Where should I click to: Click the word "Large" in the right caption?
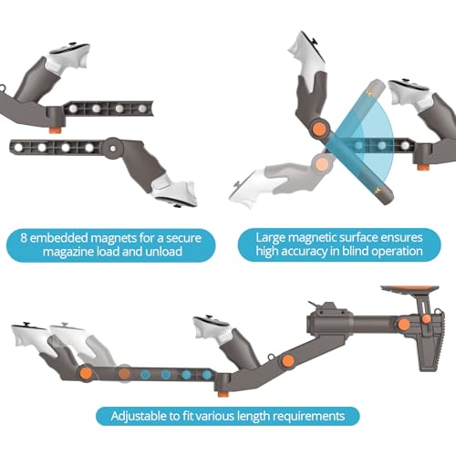[266, 237]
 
